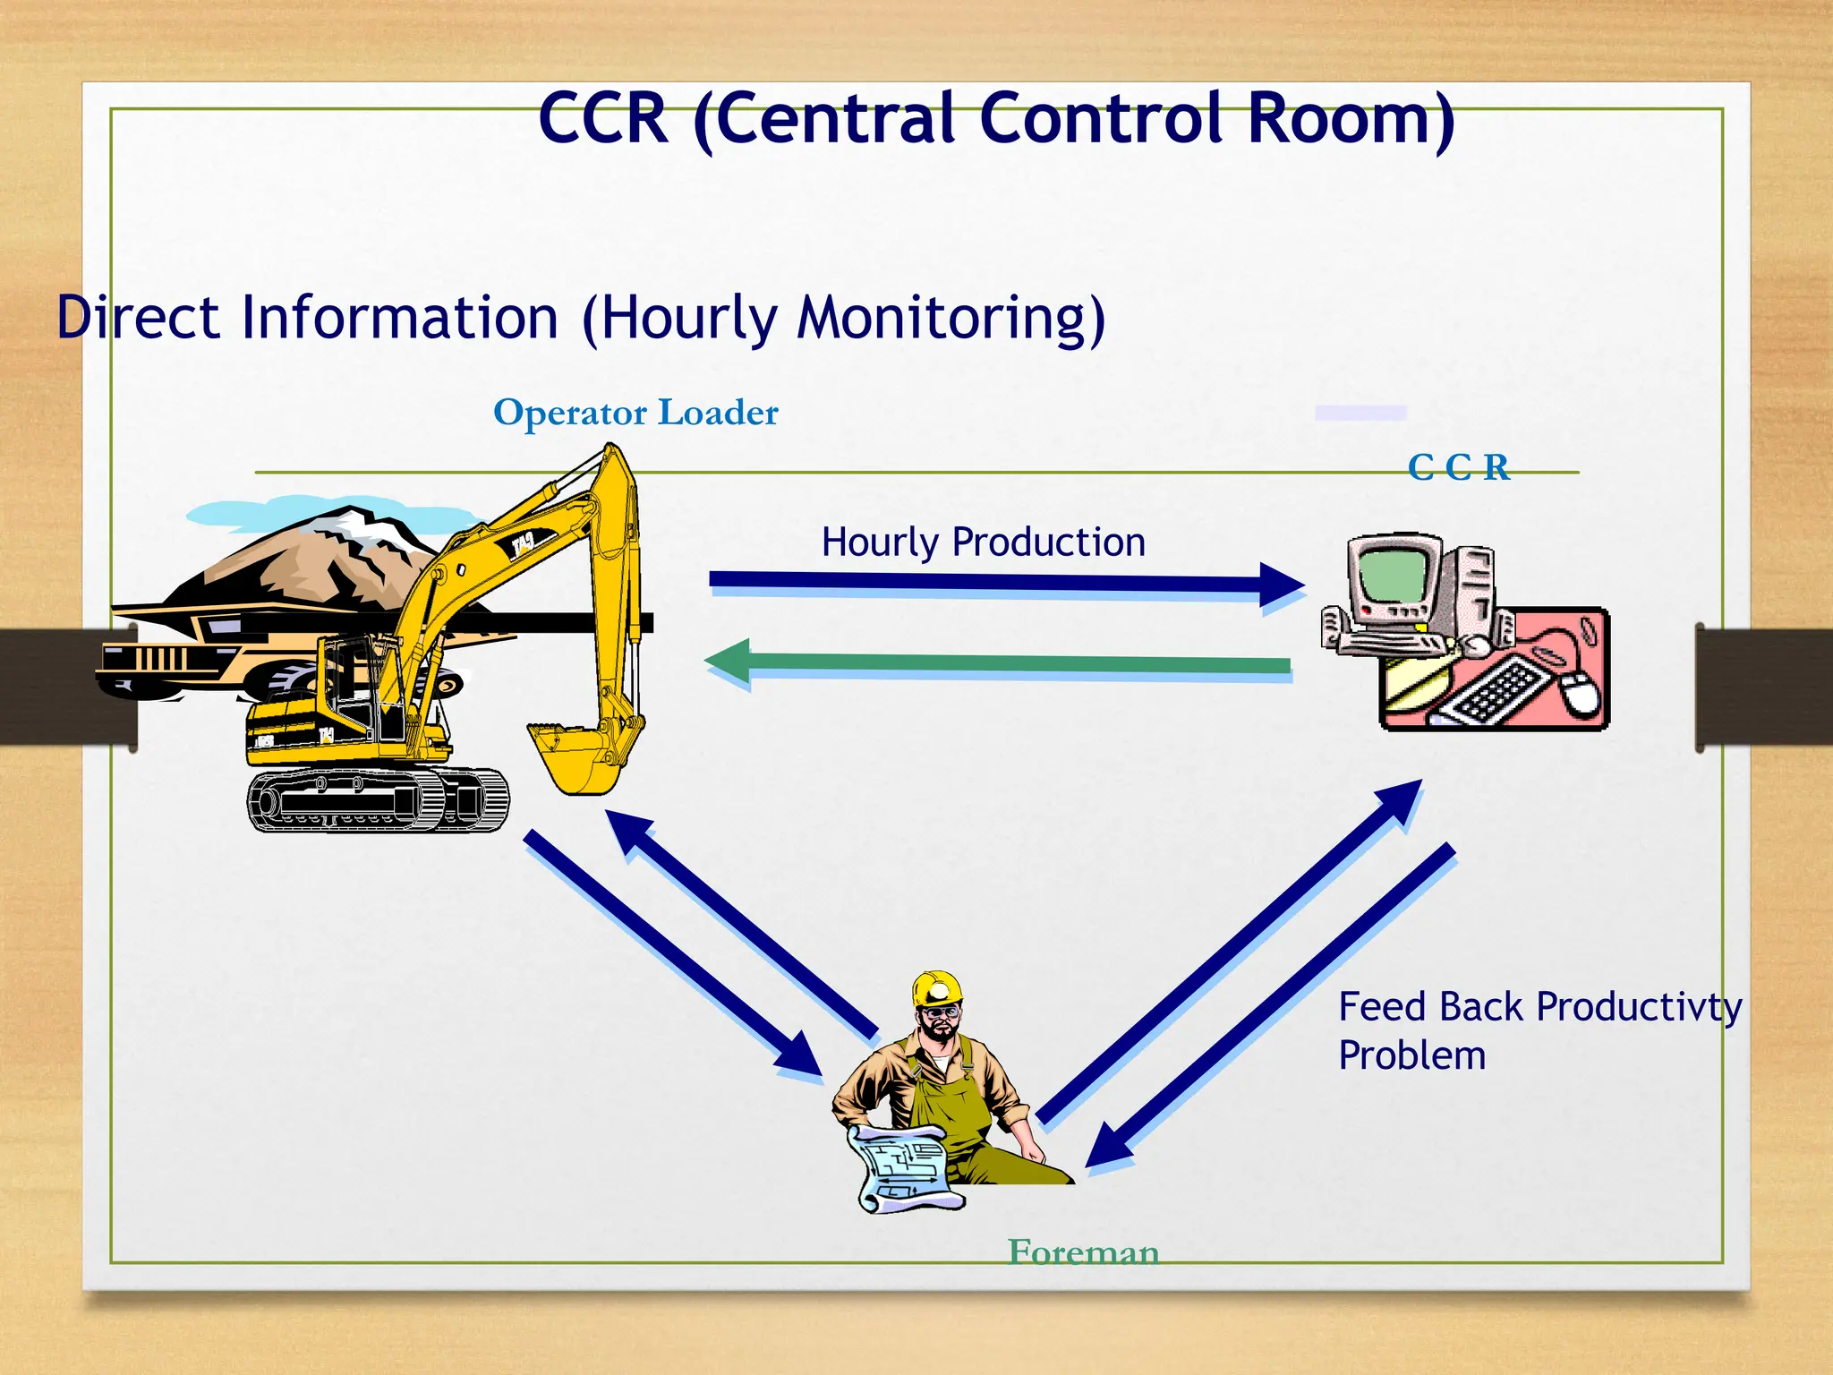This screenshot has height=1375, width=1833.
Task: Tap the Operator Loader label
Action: [635, 413]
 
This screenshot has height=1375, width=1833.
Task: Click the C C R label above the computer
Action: [1458, 467]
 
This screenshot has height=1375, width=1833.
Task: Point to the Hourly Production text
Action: [983, 542]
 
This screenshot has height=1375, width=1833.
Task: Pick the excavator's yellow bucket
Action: [573, 757]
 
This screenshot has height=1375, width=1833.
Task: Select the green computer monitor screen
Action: [1391, 575]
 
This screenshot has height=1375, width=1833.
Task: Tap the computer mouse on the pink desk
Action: [1581, 693]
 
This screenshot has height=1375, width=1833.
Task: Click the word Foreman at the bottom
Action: [1083, 1251]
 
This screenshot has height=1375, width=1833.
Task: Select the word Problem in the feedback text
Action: [1411, 1056]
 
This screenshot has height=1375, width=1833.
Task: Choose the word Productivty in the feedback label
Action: [1639, 1008]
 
